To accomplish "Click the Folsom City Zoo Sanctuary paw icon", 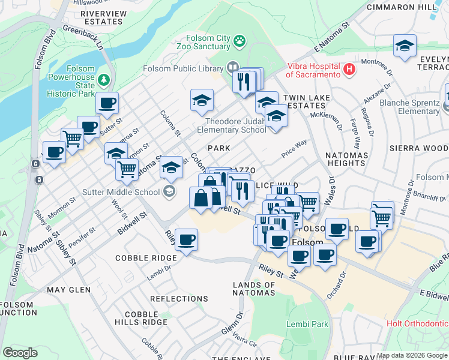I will (240, 41).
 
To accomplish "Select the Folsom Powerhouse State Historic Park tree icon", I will (104, 79).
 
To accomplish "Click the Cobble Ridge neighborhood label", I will (146, 258).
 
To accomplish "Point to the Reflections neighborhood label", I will (179, 298).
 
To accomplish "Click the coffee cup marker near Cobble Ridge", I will (186, 240).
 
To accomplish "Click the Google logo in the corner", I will (20, 353).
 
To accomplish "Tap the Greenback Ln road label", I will (83, 37).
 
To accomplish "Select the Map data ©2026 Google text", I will (412, 355).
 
